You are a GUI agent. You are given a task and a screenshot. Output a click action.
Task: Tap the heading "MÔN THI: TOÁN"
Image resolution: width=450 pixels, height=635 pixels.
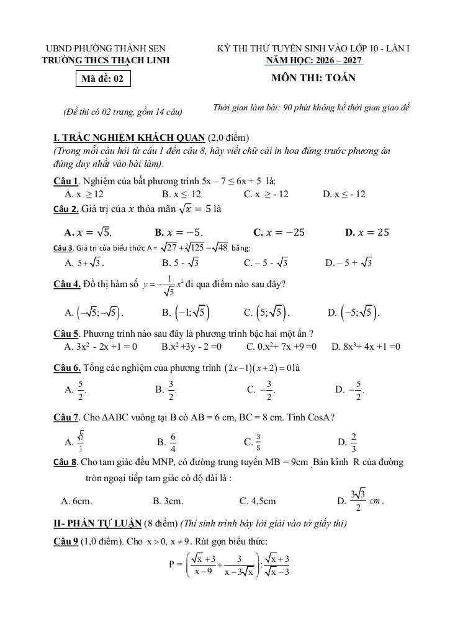313,78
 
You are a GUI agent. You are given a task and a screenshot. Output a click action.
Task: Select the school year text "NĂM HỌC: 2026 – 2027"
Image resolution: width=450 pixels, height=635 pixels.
314,60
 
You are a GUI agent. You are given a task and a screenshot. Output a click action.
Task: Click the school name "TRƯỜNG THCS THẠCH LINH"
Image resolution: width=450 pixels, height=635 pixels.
105,60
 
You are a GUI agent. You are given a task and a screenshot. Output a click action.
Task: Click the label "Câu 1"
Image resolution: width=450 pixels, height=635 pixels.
66,181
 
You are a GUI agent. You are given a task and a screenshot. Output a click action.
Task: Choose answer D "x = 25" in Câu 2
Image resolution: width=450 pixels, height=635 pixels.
367,233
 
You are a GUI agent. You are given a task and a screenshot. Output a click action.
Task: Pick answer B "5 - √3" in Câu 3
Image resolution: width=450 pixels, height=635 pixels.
180,263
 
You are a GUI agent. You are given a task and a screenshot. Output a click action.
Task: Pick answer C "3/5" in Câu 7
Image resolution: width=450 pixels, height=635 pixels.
254,442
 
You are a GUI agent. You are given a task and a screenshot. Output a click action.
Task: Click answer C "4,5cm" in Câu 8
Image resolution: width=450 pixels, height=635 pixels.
258,501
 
